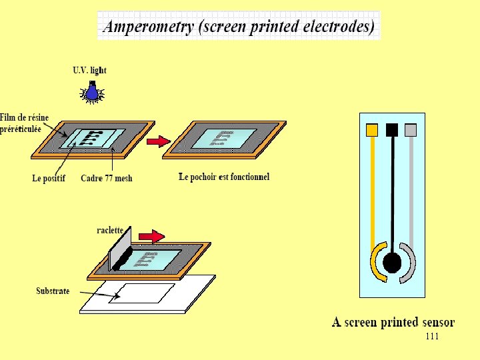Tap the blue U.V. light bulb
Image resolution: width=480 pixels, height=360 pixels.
[92, 91]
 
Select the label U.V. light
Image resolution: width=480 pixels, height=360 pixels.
[89, 70]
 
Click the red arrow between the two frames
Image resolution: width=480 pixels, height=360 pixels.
[158, 141]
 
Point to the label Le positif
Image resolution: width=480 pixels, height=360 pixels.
[49, 178]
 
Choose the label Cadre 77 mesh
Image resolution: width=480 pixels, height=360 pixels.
[107, 178]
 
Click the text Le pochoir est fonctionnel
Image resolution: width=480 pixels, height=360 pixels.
[224, 177]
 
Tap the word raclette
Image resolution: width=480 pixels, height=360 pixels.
[110, 229]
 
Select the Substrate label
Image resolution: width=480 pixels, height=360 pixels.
[53, 291]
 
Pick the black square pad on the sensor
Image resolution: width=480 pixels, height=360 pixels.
[392, 129]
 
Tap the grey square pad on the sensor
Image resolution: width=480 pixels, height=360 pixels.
[411, 129]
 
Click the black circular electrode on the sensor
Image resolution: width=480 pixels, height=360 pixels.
[392, 263]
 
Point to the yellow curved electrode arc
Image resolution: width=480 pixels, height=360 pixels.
[375, 263]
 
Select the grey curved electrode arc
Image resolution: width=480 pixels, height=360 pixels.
[410, 263]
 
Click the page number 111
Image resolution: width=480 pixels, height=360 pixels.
[432, 337]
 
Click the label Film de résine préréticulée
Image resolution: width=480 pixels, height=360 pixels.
[25, 124]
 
